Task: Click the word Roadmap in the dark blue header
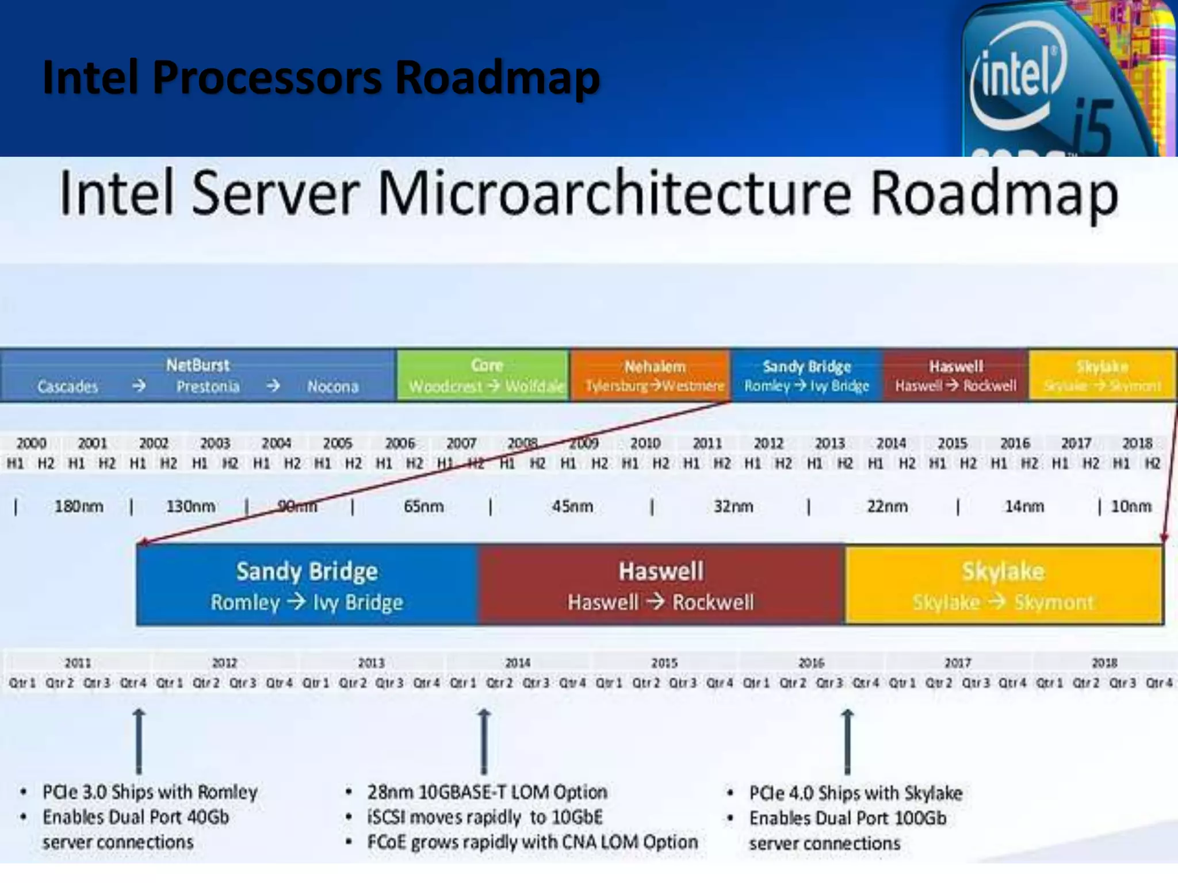coord(498,77)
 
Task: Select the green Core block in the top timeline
coord(483,375)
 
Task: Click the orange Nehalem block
coord(650,375)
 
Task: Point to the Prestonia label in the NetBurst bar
coord(208,386)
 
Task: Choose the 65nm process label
coord(423,506)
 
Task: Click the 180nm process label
coord(79,506)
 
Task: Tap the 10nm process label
coord(1131,506)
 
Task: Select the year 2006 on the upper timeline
coord(400,443)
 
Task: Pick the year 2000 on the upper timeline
coord(31,443)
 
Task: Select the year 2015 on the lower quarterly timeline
coord(664,663)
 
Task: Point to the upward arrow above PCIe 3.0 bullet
coord(139,742)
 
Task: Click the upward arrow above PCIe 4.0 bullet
coord(847,742)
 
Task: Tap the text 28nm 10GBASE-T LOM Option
coord(487,792)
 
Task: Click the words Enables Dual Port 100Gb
coord(847,818)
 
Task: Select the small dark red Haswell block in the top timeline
coord(956,375)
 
